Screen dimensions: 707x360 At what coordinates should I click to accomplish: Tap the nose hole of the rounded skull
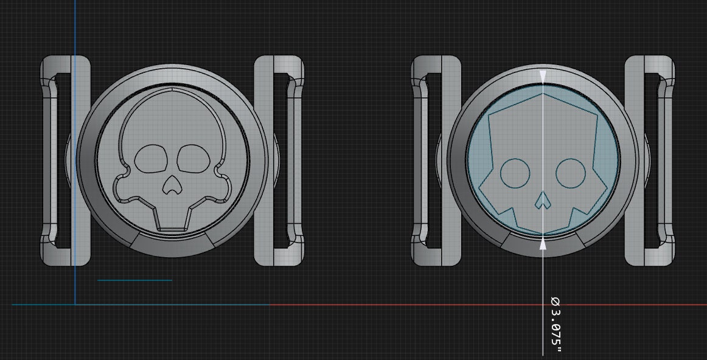pyautogui.click(x=172, y=189)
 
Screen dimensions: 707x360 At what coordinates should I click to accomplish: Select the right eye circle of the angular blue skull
pyautogui.click(x=571, y=173)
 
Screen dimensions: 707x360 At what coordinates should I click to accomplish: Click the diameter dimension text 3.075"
pyautogui.click(x=555, y=324)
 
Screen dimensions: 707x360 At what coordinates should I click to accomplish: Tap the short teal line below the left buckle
pyautogui.click(x=134, y=280)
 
